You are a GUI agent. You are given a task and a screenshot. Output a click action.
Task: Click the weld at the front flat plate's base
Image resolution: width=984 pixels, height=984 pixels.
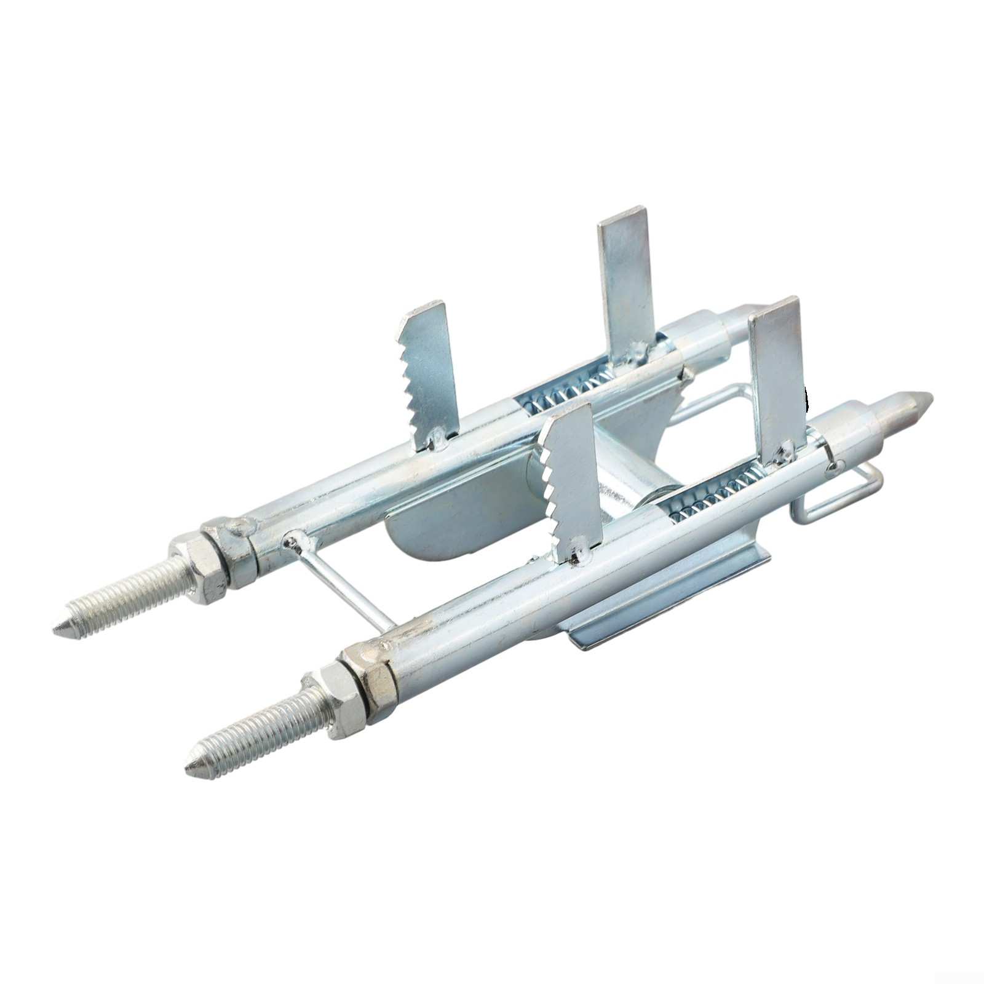point(784,454)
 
